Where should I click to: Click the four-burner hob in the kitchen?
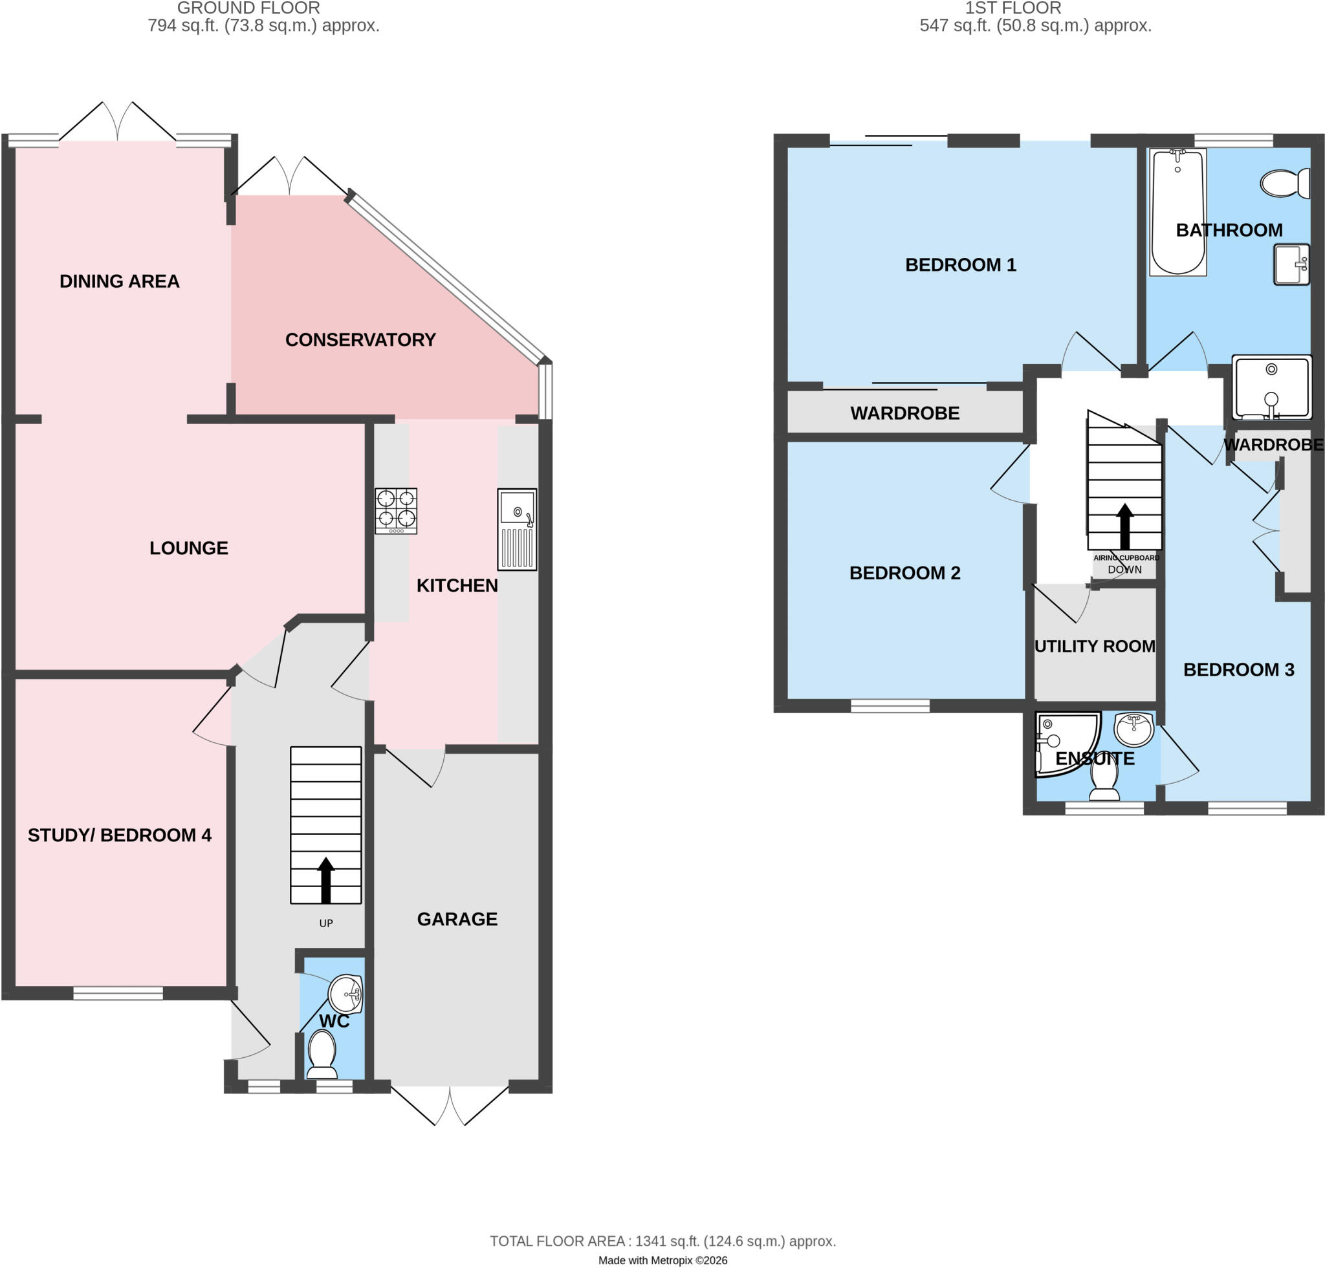click(396, 511)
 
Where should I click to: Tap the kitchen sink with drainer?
click(517, 530)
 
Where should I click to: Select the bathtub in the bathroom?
click(1178, 212)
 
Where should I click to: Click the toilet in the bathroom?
click(1284, 182)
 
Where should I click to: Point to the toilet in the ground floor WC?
click(322, 1057)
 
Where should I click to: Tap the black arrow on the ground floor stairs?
click(326, 880)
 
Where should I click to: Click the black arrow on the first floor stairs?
click(1125, 526)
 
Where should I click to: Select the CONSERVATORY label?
click(360, 340)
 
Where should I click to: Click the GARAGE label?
click(457, 919)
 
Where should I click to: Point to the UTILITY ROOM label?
click(1095, 647)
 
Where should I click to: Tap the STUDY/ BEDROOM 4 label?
click(120, 835)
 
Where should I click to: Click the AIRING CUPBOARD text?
click(1126, 558)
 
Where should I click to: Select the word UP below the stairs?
click(326, 923)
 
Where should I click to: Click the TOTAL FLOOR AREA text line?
click(662, 1241)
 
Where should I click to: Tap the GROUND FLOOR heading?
click(249, 8)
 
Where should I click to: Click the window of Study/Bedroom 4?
click(118, 993)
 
